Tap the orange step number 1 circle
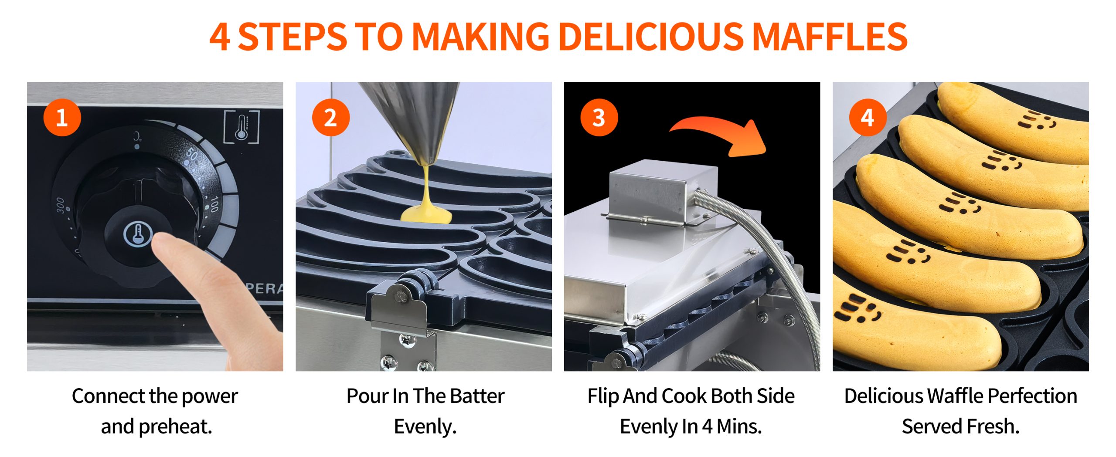62,118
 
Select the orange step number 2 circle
330,118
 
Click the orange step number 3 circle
599,118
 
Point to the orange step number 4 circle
868,118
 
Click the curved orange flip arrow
719,131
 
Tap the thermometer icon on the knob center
137,234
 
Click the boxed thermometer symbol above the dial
242,127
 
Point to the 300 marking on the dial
60,206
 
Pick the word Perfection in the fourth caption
1032,396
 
